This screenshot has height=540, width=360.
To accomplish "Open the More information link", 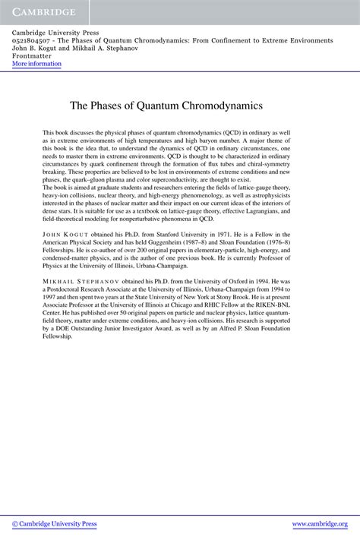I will click(36, 64).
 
